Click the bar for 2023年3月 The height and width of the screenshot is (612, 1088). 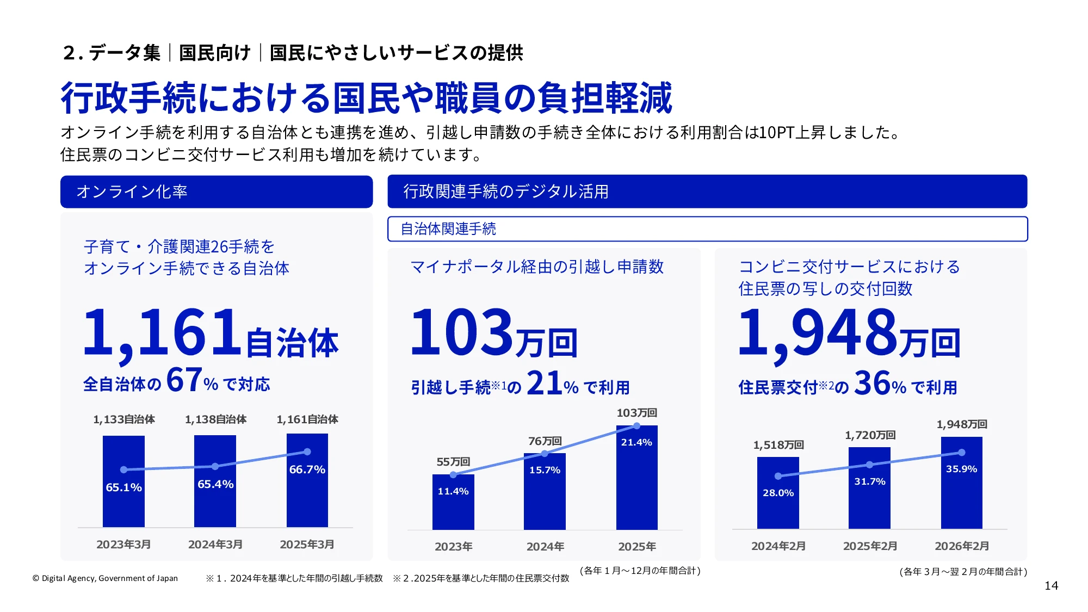(x=123, y=481)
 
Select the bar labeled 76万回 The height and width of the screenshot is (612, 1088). (x=545, y=491)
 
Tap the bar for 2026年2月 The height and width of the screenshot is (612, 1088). (x=962, y=483)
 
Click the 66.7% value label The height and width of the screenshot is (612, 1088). (x=307, y=469)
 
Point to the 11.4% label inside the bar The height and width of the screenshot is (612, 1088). (x=453, y=491)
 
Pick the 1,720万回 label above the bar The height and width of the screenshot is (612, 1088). (x=870, y=435)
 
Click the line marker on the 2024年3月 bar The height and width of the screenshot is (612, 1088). (x=215, y=466)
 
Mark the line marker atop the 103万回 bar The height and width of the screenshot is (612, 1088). (x=637, y=425)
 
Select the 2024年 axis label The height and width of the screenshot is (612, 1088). (x=545, y=546)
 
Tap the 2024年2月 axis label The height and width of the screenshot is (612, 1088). (x=778, y=546)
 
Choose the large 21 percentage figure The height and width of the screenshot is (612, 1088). (x=545, y=383)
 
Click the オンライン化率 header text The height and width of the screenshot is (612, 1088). (x=132, y=191)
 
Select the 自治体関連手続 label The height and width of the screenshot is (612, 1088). (x=448, y=229)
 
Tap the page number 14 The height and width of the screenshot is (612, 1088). (x=1052, y=586)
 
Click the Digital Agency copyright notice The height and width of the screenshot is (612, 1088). (x=105, y=578)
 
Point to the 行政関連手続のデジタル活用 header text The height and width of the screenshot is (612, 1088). (x=506, y=191)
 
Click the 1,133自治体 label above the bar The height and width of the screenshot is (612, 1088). (x=124, y=419)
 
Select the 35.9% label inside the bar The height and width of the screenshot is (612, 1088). (x=962, y=469)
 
